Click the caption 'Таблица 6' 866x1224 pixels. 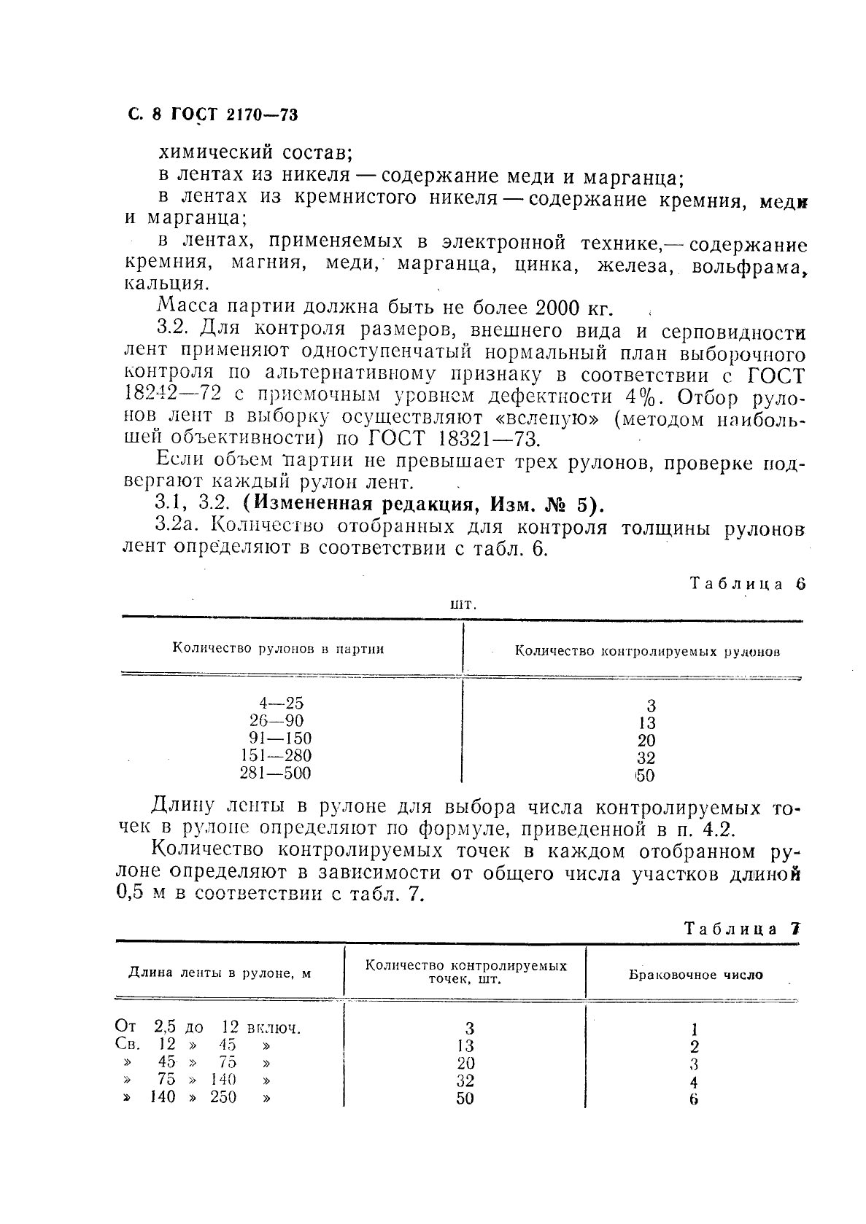(748, 583)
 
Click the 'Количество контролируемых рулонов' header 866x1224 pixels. (647, 651)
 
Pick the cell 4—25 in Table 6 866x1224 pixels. (281, 703)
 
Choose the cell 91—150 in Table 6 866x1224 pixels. (280, 738)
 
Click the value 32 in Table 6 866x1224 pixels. (646, 758)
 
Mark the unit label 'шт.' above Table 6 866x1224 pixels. (463, 604)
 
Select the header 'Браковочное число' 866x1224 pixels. (695, 975)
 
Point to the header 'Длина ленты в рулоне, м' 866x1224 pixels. (220, 972)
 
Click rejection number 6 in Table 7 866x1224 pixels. (693, 1099)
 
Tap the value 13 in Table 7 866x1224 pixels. (465, 1046)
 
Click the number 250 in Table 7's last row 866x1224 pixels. (223, 1097)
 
